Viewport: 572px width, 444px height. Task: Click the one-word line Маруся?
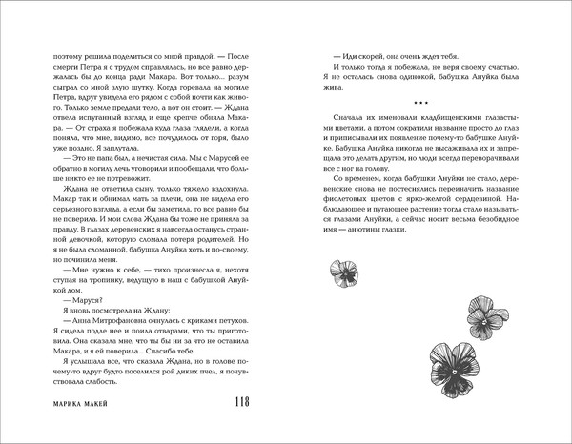pos(68,305)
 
